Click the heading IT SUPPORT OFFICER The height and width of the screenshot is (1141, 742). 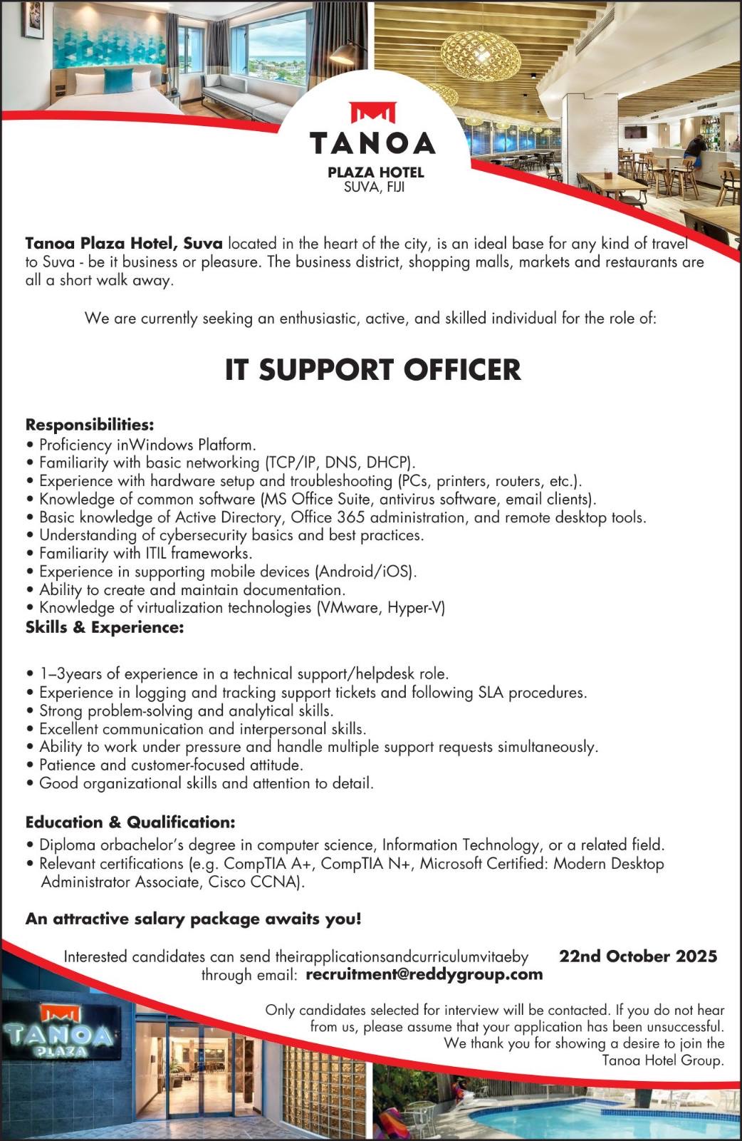pos(372,369)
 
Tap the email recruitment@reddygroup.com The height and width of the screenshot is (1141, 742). pos(424,974)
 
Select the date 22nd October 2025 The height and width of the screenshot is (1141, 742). pos(637,956)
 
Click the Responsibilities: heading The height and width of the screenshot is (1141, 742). pos(90,425)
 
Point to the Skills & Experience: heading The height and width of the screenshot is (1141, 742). pos(105,627)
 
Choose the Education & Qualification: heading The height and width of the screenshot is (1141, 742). pos(130,822)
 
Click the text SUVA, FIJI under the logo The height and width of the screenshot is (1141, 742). pos(374,187)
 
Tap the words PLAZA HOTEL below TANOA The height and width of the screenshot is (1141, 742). pos(375,172)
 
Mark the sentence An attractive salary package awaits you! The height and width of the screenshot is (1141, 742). pos(193,919)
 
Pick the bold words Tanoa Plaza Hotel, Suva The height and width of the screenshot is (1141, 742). pos(124,243)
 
